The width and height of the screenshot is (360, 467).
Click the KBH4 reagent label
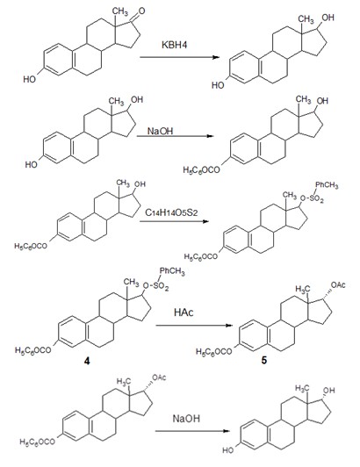click(x=175, y=45)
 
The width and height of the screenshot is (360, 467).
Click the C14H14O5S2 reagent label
click(x=171, y=212)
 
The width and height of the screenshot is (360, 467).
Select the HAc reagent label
click(x=184, y=313)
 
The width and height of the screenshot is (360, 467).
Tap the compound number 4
click(x=87, y=361)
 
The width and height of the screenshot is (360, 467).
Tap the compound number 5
click(x=264, y=361)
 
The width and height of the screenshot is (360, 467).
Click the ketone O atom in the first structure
click(x=141, y=11)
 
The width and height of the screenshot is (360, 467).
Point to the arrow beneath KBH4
click(x=180, y=57)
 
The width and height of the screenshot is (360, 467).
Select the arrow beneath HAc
click(x=194, y=325)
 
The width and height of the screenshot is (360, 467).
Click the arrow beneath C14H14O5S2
click(x=175, y=221)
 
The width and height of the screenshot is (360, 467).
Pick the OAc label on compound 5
click(x=338, y=285)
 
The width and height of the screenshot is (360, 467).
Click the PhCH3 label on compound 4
click(x=172, y=271)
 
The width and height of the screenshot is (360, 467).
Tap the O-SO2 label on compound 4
click(x=156, y=286)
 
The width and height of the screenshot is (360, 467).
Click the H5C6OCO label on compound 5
click(x=214, y=351)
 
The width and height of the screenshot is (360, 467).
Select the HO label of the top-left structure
click(x=30, y=79)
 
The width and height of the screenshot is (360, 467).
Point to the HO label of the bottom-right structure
click(x=228, y=449)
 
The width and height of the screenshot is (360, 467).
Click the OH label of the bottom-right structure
click(x=329, y=390)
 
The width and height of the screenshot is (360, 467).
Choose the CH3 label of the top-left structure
click(x=120, y=11)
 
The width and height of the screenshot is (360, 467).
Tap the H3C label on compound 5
click(x=303, y=289)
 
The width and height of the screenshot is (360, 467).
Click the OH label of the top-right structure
click(x=328, y=18)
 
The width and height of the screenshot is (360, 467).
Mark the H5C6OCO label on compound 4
click(x=33, y=350)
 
